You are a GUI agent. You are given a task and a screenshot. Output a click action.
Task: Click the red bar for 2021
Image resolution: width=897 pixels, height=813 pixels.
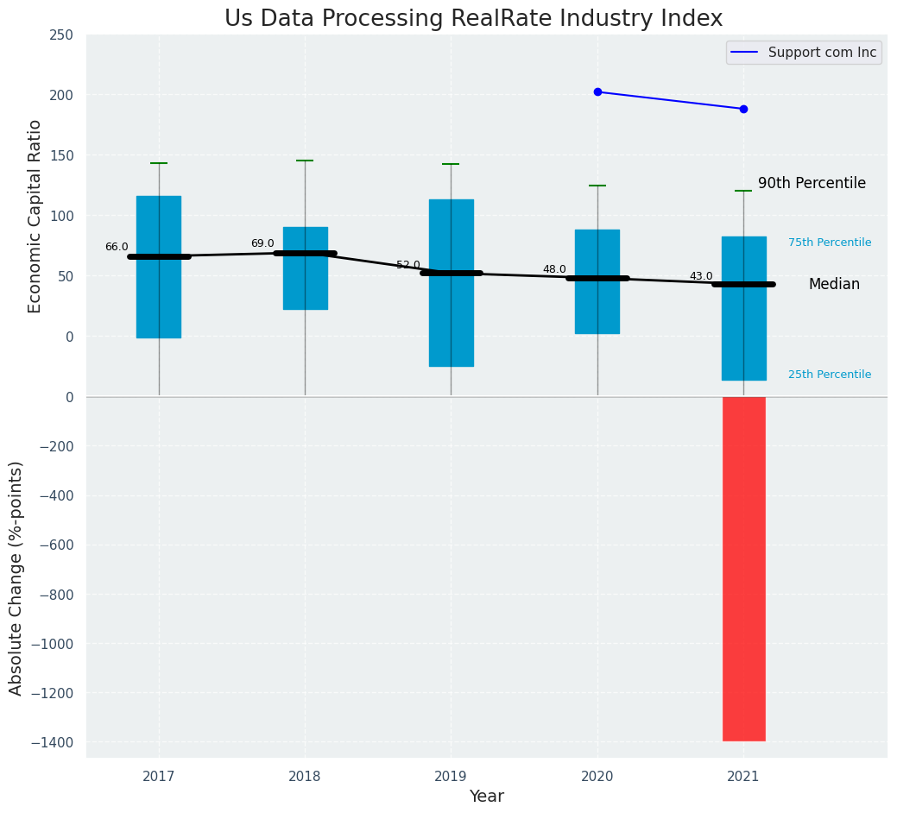pyautogui.click(x=743, y=568)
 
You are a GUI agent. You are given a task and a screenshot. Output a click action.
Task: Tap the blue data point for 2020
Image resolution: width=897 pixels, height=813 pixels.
pyautogui.click(x=597, y=91)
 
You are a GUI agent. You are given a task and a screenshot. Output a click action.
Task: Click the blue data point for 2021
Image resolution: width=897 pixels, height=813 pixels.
pyautogui.click(x=743, y=109)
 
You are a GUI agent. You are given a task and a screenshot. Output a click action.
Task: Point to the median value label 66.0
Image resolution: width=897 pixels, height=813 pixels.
pyautogui.click(x=117, y=247)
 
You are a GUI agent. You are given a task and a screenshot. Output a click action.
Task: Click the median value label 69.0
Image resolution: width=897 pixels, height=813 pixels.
pyautogui.click(x=262, y=244)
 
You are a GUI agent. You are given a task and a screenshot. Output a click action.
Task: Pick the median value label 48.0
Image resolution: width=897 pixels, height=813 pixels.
pyautogui.click(x=554, y=270)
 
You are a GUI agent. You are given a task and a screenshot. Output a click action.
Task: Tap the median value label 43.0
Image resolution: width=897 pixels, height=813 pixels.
pyautogui.click(x=701, y=276)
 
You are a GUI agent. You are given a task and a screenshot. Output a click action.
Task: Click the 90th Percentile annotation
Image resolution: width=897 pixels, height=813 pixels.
pyautogui.click(x=812, y=183)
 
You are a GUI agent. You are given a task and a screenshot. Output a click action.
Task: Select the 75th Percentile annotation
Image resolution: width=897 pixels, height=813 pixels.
pyautogui.click(x=830, y=243)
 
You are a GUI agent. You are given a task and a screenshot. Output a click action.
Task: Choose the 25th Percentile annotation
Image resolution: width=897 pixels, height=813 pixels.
pyautogui.click(x=830, y=375)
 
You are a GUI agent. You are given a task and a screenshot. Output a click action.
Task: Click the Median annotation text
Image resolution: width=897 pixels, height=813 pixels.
pyautogui.click(x=834, y=284)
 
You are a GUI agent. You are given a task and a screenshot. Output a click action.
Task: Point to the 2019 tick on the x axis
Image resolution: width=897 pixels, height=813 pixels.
pyautogui.click(x=451, y=777)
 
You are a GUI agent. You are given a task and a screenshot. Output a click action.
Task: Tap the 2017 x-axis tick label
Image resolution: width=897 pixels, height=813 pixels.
pyautogui.click(x=159, y=777)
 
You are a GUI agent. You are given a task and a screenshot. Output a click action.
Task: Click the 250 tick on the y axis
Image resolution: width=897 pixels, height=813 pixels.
pyautogui.click(x=62, y=35)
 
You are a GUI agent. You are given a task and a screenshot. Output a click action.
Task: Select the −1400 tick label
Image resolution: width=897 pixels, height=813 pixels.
pyautogui.click(x=53, y=742)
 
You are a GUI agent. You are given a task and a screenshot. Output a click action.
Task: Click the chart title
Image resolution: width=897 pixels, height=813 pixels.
pyautogui.click(x=473, y=19)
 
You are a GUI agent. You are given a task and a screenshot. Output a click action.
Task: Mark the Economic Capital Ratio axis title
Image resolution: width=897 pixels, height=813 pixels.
pyautogui.click(x=35, y=216)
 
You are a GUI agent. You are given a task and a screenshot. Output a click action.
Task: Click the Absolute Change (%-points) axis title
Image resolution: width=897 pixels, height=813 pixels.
pyautogui.click(x=16, y=577)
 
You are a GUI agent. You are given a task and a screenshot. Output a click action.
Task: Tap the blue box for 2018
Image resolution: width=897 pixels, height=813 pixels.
pyautogui.click(x=305, y=268)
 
